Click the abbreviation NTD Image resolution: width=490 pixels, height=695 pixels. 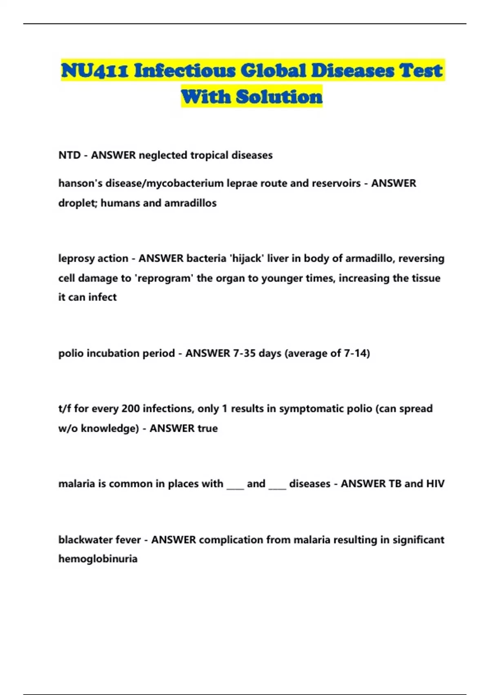69,155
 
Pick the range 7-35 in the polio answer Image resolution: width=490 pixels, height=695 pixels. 244,353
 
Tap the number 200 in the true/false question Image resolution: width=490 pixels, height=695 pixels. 131,409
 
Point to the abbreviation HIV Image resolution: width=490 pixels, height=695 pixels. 435,484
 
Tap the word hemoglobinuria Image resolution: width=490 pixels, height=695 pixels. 98,559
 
